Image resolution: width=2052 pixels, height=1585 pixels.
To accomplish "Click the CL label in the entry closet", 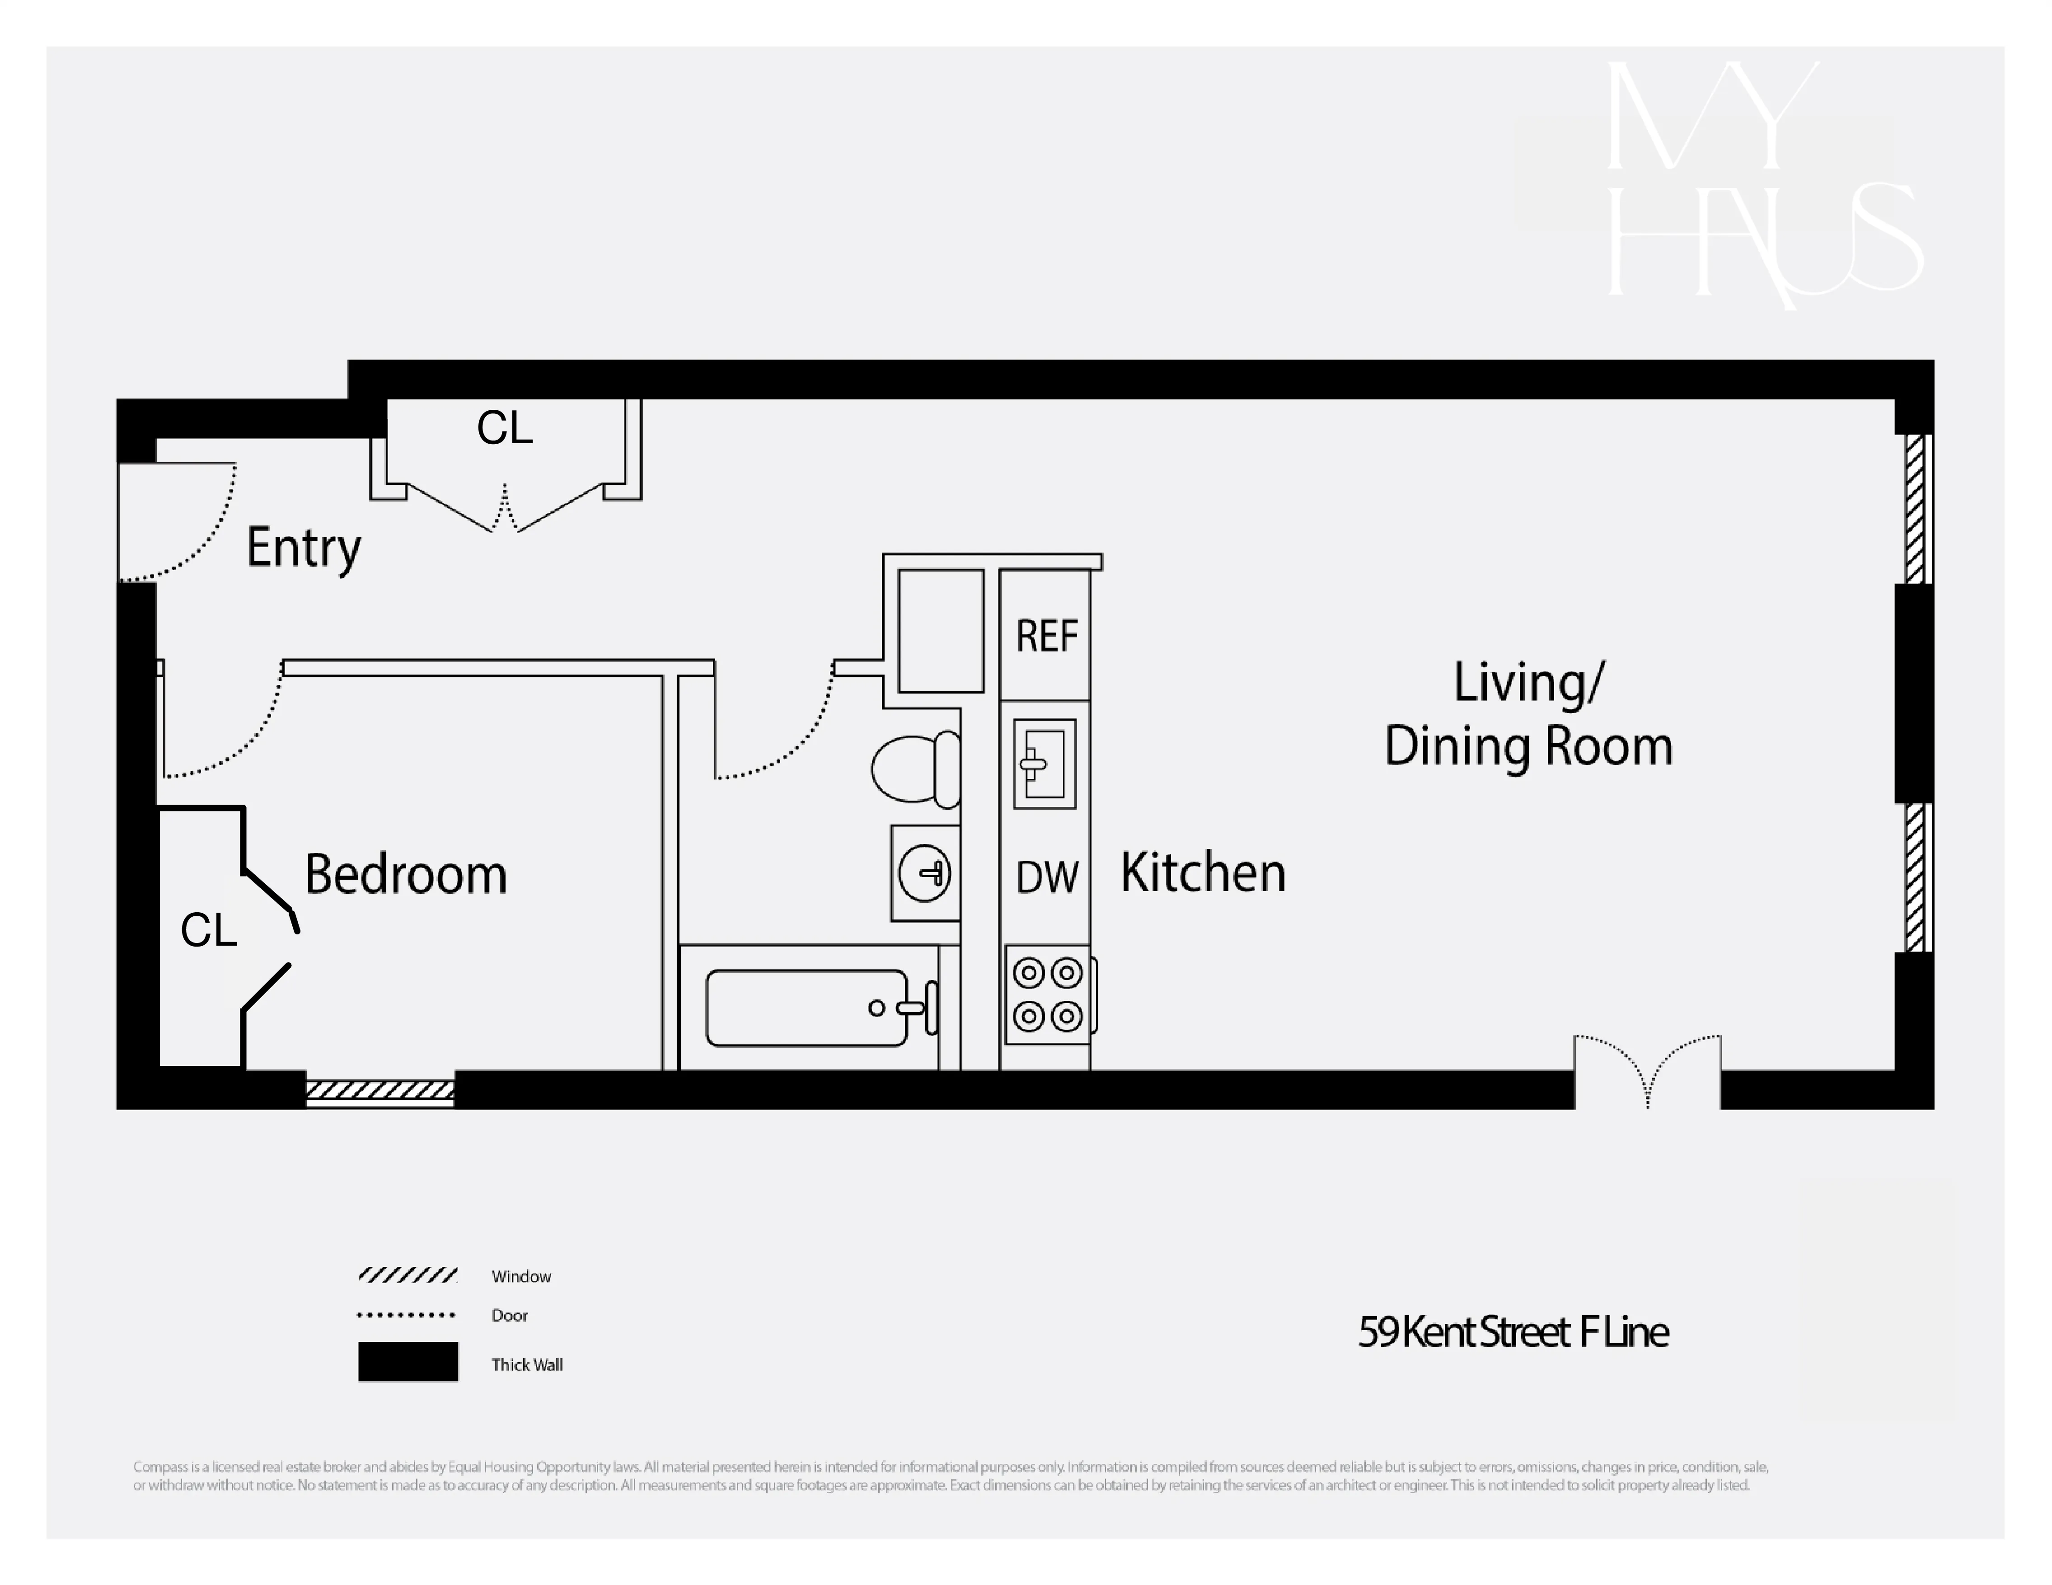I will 505,428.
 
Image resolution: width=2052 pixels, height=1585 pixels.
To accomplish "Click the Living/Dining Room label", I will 1529,714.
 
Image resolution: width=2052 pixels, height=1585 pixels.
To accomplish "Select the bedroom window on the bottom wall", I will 380,1090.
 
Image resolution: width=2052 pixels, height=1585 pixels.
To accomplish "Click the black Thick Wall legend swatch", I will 408,1361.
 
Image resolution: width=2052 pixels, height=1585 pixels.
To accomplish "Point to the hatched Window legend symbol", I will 408,1275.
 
